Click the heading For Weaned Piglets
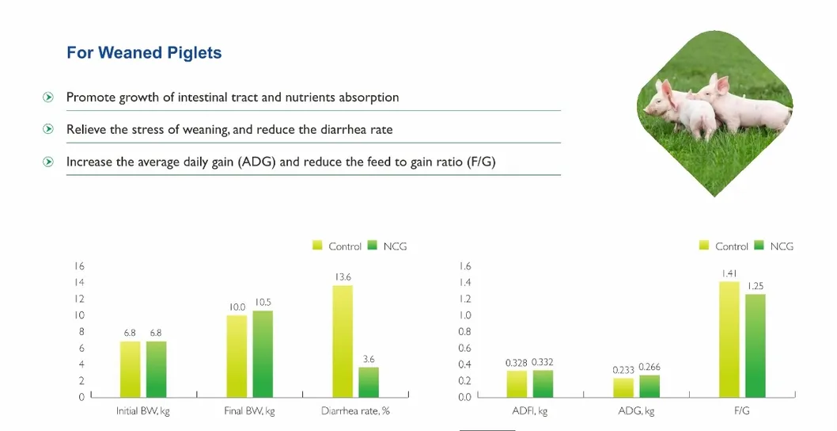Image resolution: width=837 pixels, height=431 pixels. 144,53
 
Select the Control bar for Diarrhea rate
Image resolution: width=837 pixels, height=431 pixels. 343,341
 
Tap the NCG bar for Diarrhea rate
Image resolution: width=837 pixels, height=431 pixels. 369,381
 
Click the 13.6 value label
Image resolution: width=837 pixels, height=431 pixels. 343,277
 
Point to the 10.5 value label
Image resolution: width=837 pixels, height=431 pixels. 263,303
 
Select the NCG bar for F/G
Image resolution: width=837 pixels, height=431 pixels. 756,345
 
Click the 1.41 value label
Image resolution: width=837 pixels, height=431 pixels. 729,273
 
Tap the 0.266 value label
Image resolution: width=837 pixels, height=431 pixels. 650,367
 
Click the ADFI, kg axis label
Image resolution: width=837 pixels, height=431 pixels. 529,411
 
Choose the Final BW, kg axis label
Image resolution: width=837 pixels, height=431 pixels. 249,411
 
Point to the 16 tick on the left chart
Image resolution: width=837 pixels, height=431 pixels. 80,266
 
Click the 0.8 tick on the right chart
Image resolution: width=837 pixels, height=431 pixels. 465,332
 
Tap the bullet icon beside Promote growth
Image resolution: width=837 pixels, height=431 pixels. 49,97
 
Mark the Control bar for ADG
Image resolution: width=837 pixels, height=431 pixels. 623,387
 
